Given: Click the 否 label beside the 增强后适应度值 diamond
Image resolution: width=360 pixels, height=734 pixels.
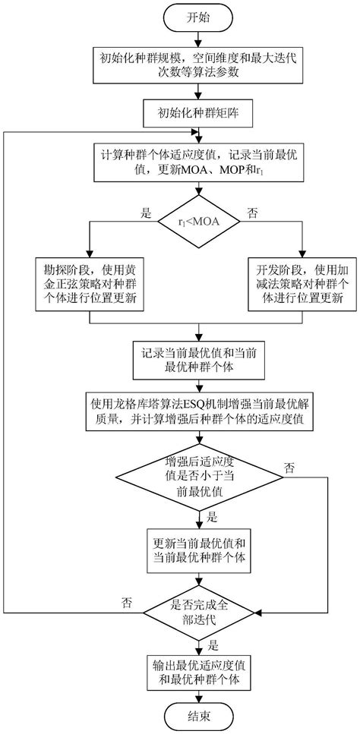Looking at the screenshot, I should [x=289, y=468].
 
